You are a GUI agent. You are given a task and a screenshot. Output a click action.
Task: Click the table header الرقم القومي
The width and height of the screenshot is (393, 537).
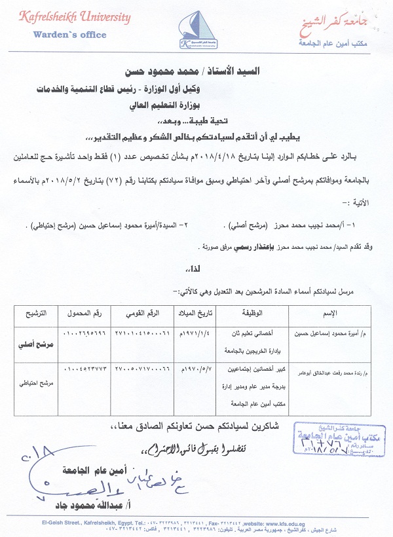pyautogui.click(x=141, y=313)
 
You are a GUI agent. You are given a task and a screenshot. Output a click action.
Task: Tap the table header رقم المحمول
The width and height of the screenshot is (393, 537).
pyautogui.click(x=84, y=313)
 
